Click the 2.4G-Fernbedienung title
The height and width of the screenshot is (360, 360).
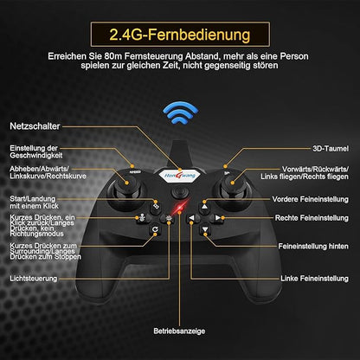(180, 35)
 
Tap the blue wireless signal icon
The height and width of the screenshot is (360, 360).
(180, 112)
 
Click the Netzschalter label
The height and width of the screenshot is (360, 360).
(35, 126)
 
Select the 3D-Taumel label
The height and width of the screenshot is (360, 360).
(331, 149)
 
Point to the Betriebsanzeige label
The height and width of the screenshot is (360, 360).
(179, 331)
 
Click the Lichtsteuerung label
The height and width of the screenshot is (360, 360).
(34, 279)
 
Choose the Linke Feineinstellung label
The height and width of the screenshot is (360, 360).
(314, 279)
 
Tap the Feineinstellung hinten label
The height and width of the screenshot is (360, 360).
(313, 246)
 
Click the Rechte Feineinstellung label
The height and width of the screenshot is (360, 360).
(312, 218)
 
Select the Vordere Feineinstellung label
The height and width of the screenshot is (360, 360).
(310, 199)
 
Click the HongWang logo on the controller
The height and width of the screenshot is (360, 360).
(180, 176)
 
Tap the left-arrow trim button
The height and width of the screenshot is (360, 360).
(192, 218)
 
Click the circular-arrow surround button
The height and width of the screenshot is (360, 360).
(155, 229)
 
